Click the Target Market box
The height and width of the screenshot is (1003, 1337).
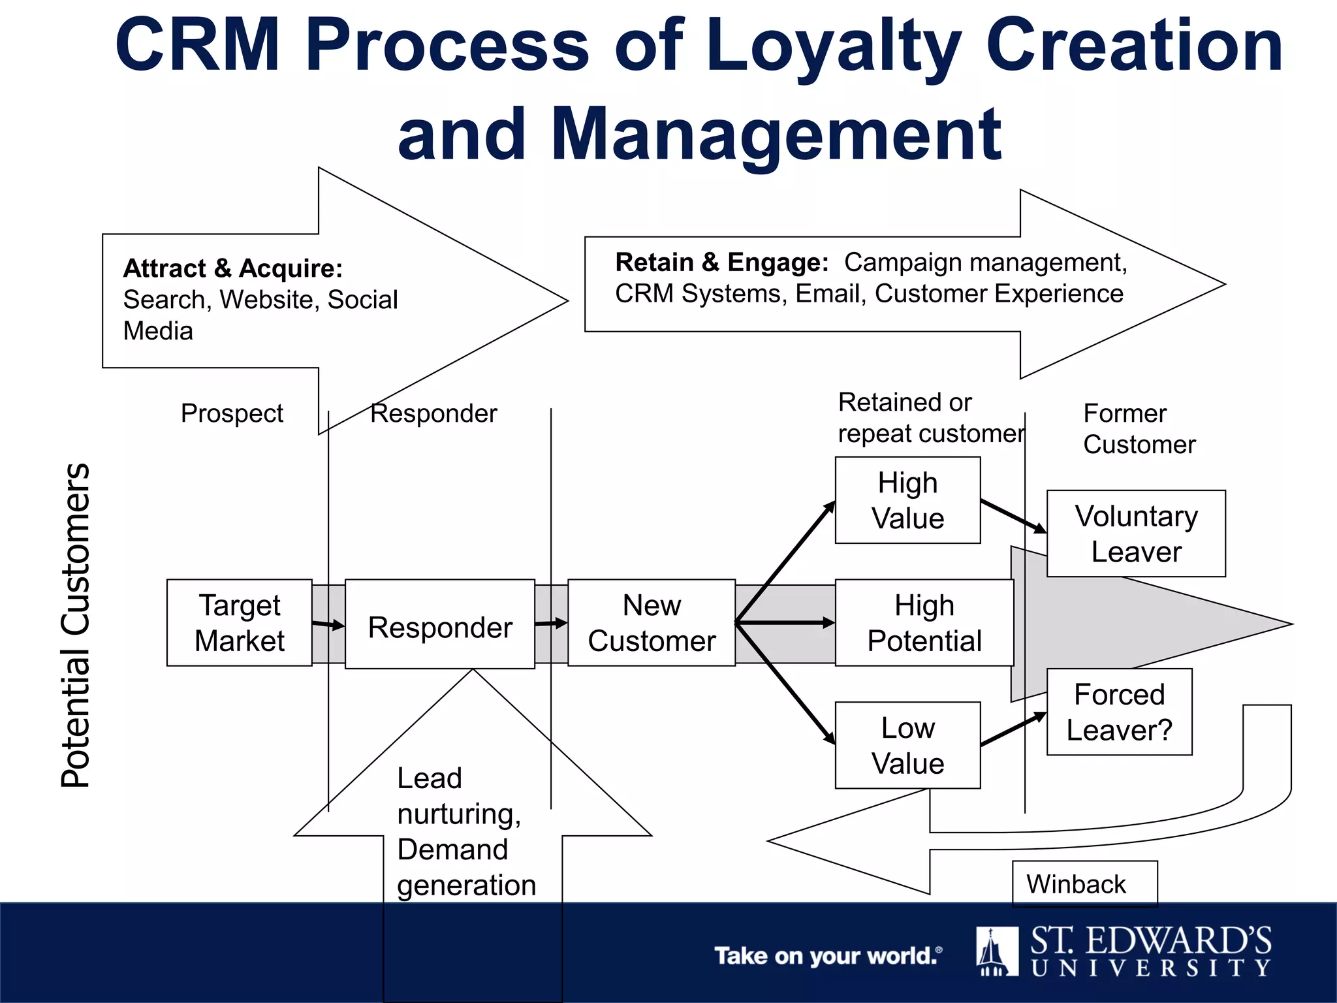coord(239,622)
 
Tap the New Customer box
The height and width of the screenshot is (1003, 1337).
coord(652,622)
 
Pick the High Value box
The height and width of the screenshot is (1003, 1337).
coord(907,500)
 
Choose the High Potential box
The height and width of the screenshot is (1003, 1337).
coord(924,622)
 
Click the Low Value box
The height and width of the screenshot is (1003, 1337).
coord(907,745)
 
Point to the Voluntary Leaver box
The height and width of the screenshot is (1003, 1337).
coord(1136,533)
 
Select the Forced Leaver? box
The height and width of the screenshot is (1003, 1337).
coord(1119,712)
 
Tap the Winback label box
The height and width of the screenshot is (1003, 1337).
coord(1084,884)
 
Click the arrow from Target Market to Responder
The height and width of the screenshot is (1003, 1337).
coord(328,625)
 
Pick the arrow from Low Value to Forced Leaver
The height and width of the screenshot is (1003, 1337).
coord(1013,729)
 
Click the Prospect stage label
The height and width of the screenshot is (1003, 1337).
coord(232,413)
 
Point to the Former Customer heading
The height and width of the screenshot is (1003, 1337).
coord(1139,428)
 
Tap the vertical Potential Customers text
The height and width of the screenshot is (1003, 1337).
coord(76,625)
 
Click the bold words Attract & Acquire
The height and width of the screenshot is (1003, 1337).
coord(233,268)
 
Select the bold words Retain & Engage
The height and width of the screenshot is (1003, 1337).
coord(721,263)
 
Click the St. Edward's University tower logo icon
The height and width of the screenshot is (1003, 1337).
coord(996,951)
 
